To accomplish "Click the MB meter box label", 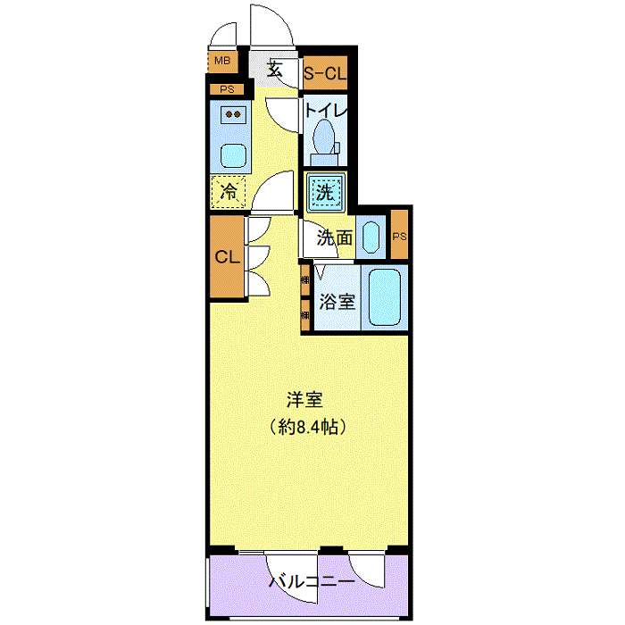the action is pyautogui.click(x=222, y=61).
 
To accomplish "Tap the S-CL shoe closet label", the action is pyautogui.click(x=325, y=73).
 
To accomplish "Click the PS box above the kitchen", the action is pyautogui.click(x=227, y=89).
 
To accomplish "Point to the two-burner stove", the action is pyautogui.click(x=233, y=114).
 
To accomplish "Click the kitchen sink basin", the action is pyautogui.click(x=233, y=155).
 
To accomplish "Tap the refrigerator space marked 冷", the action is pyautogui.click(x=229, y=192).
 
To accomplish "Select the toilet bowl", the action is pyautogui.click(x=324, y=137).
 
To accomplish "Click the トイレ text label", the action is pyautogui.click(x=326, y=110).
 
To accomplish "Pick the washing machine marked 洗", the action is pyautogui.click(x=325, y=192).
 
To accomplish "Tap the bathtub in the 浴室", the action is pyautogui.click(x=385, y=297).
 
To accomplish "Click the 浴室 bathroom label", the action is pyautogui.click(x=337, y=302).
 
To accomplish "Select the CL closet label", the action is pyautogui.click(x=227, y=257).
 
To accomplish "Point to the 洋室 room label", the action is pyautogui.click(x=304, y=400).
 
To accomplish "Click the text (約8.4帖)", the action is pyautogui.click(x=307, y=427).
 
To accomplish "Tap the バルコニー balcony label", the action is pyautogui.click(x=312, y=581).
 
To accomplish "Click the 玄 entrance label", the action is pyautogui.click(x=274, y=70).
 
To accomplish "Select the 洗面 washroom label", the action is pyautogui.click(x=335, y=238).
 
